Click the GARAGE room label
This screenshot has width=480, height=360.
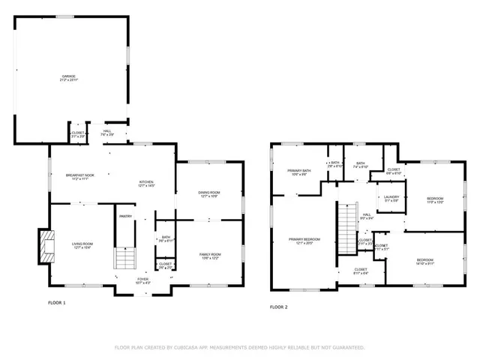coord(68,78)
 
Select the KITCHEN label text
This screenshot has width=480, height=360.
coord(146,182)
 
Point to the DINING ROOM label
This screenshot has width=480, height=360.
coord(208,194)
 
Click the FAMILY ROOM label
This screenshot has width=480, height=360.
coord(210,256)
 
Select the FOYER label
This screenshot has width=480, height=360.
coord(143,281)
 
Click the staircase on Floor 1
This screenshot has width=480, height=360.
coord(124,259)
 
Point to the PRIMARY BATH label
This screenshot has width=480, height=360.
coord(298,172)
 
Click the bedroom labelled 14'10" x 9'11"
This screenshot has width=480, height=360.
coord(424,261)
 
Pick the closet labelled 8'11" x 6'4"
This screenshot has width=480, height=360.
coord(361,271)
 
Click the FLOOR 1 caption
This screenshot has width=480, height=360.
coord(56,303)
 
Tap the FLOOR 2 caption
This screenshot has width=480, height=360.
coord(278,307)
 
